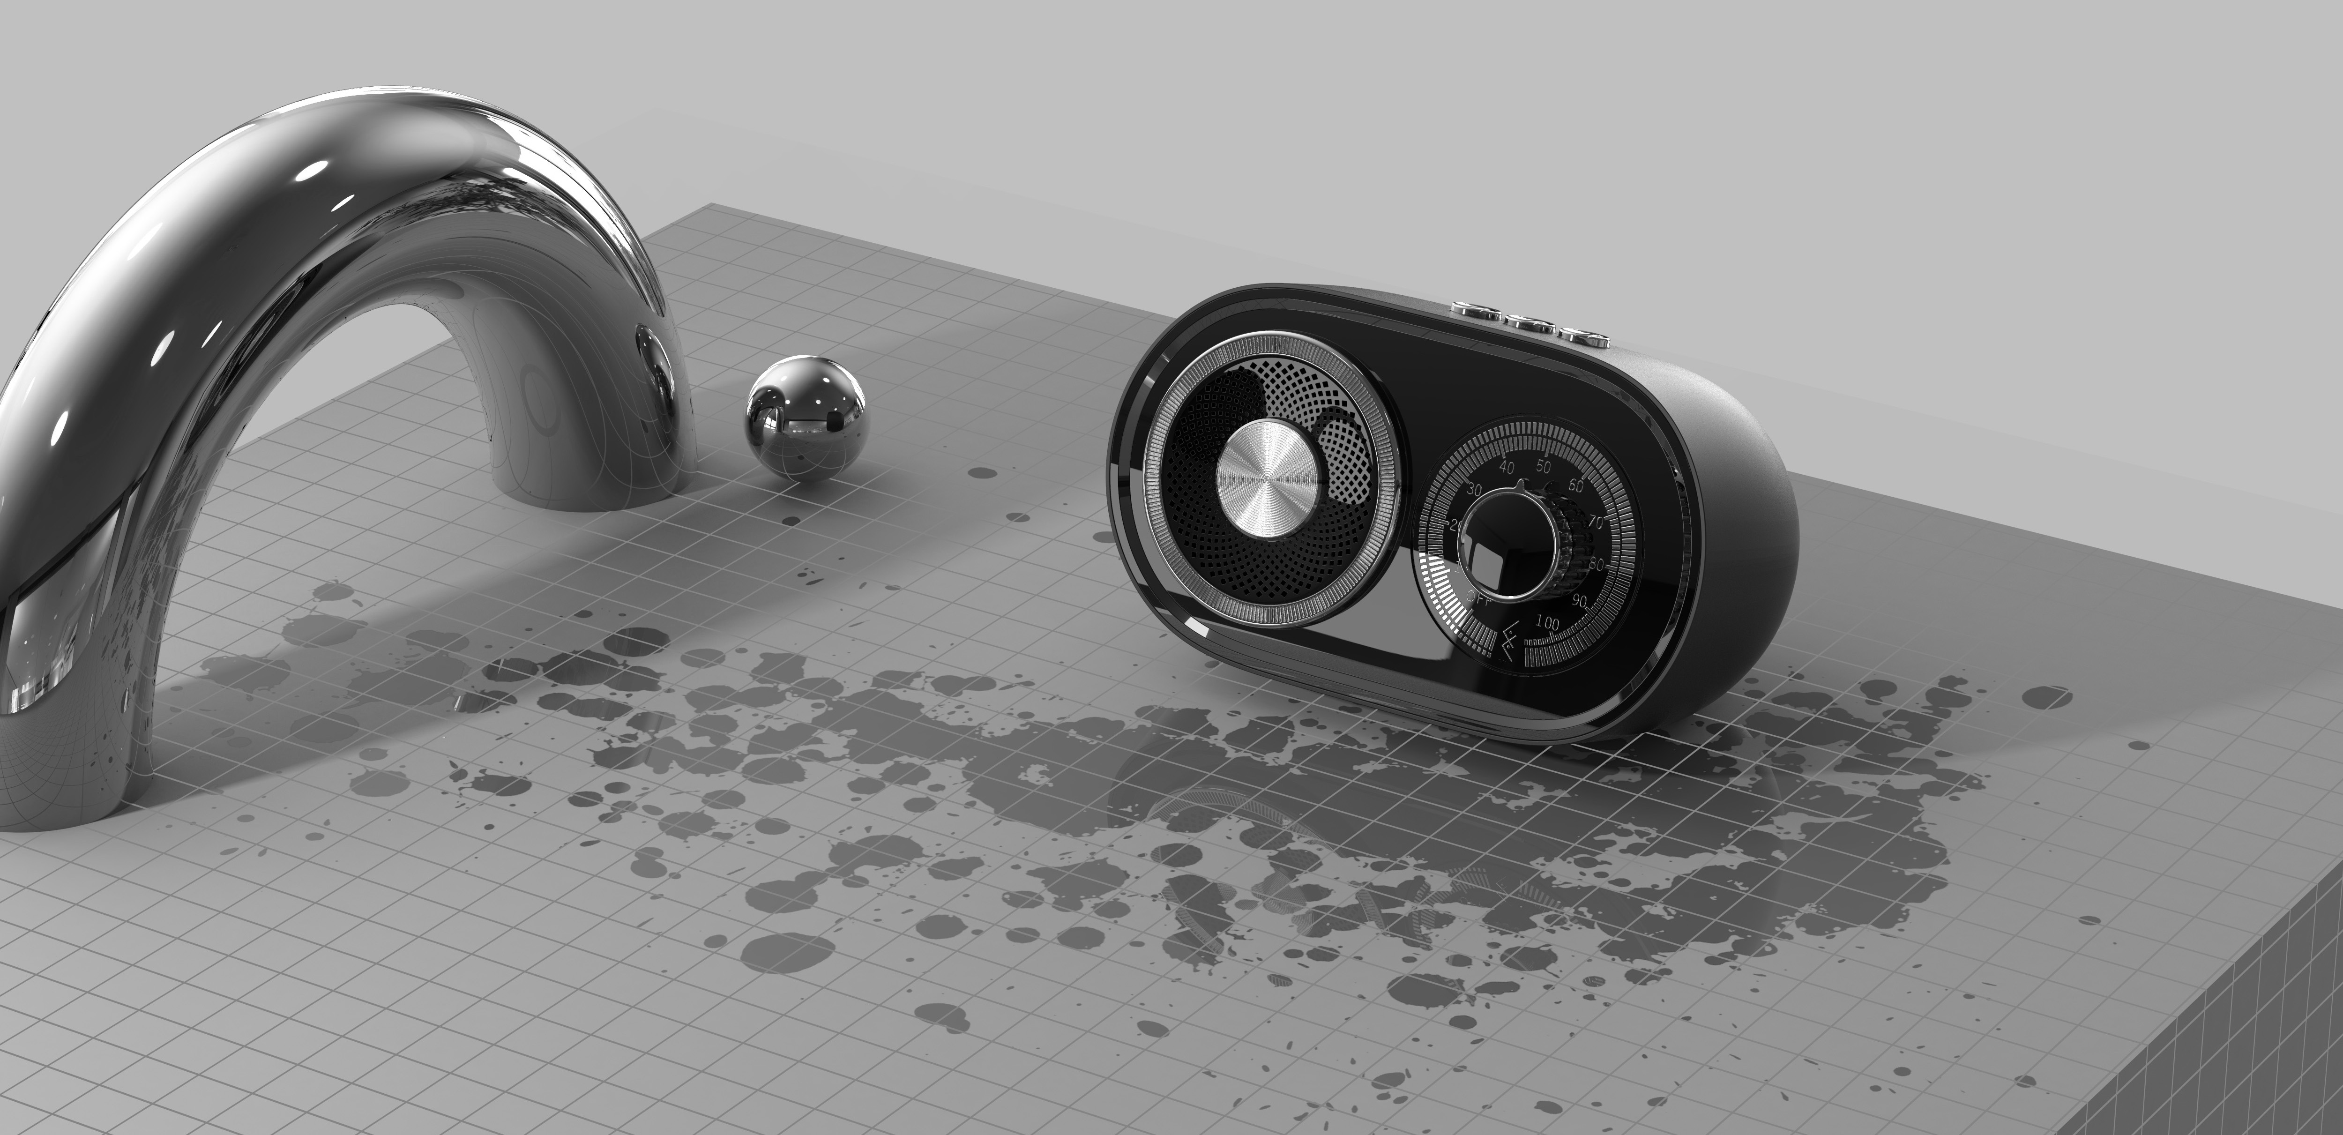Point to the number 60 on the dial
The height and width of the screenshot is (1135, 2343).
click(x=1577, y=485)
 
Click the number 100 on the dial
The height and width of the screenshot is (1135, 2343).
click(x=1546, y=622)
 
